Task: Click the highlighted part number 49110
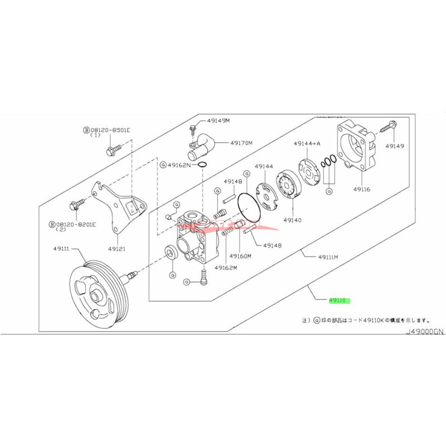[x=338, y=300]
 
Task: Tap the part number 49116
[x=361, y=189]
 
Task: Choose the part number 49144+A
[x=307, y=143]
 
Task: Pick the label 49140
[x=292, y=220]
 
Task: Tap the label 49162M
[x=226, y=268]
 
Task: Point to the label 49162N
[x=180, y=165]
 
